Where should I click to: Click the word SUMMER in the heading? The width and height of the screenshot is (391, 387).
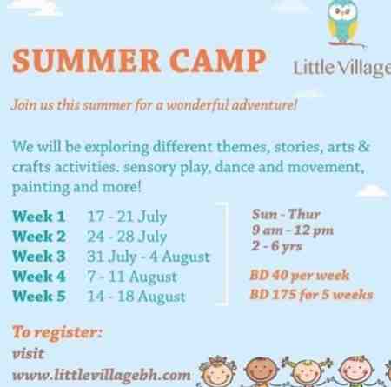coord(86,61)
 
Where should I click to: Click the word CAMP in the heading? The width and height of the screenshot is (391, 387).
coord(218,61)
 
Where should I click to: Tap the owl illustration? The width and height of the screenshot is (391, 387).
coord(342,22)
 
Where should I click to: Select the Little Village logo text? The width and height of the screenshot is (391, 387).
coord(342,69)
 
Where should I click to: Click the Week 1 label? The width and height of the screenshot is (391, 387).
coord(39,217)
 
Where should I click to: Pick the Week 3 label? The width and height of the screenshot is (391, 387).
coord(39,257)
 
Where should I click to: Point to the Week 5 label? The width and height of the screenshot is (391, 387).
coord(39,296)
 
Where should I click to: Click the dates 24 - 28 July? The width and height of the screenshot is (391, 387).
coord(127,237)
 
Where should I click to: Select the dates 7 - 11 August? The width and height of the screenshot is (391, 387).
coord(132,277)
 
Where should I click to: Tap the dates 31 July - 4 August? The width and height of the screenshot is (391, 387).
coord(149,257)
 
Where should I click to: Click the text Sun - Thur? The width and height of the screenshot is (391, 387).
coord(286,214)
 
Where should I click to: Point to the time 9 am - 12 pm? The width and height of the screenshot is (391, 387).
coord(293,230)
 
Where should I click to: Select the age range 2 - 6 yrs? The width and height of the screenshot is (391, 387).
coord(276,246)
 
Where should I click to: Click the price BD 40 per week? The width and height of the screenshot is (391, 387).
coord(300,276)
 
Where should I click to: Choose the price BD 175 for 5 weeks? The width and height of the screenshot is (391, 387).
coord(311,295)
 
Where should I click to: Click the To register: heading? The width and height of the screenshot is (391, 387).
coord(57,332)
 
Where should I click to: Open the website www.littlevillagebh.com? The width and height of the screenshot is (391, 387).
coord(102,375)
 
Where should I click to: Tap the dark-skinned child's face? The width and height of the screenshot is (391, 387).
coord(261,371)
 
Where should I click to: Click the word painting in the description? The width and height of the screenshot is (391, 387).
coord(41,188)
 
